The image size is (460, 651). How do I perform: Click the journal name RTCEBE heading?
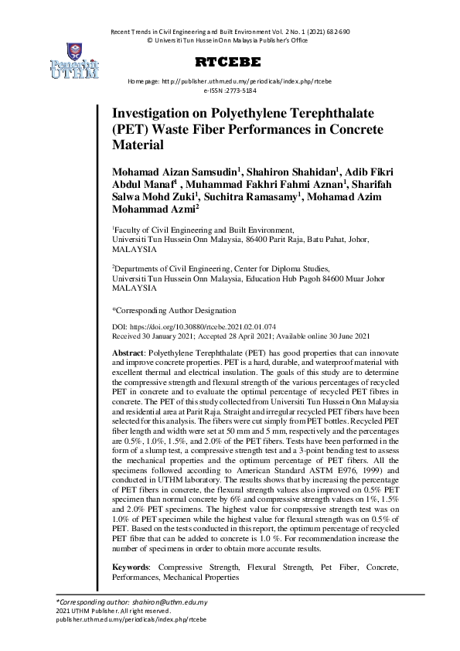pos(228,61)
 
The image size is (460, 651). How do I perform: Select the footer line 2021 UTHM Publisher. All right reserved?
pos(103,611)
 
